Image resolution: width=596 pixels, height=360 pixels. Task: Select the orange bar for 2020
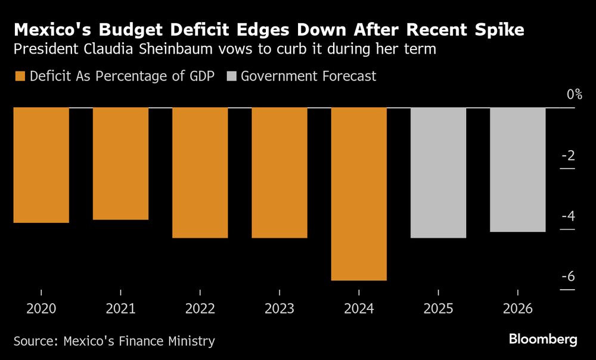point(41,165)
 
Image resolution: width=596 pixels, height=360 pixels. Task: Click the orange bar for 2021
point(120,164)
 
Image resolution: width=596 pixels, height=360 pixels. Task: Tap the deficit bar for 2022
point(200,173)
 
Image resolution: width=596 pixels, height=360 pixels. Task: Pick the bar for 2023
point(280,173)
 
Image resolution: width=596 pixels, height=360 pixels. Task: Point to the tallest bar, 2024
point(359,194)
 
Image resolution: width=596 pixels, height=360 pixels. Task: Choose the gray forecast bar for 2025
point(438,173)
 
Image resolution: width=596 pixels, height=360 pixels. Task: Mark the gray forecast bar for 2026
point(517,170)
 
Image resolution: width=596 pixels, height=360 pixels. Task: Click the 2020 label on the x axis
point(41,309)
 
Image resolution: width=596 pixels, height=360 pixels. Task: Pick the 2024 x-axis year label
point(359,309)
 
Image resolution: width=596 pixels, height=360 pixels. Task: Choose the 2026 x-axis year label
point(517,309)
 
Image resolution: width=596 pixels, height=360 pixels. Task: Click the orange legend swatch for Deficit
point(20,76)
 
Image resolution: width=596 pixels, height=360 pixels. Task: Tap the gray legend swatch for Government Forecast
point(231,76)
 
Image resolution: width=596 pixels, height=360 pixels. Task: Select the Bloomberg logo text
point(543,340)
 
